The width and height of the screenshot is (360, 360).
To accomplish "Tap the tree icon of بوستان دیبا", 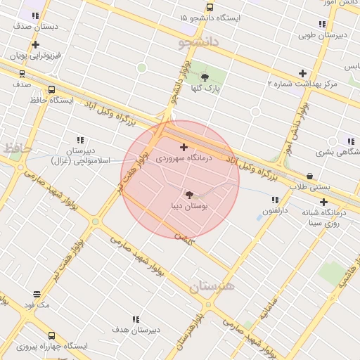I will (189, 194).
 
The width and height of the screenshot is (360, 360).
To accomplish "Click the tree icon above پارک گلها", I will (205, 77).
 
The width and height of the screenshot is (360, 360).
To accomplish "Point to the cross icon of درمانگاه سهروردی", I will (184, 148).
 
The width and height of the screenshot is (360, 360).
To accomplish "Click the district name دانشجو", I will (199, 42).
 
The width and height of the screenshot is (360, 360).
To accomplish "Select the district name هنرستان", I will (213, 287).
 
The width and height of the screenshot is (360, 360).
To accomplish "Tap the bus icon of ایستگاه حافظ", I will (51, 89).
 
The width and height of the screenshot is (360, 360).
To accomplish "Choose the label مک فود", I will (37, 305).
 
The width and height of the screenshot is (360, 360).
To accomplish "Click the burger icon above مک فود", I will (37, 294).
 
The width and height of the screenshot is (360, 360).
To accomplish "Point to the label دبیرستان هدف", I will (136, 329).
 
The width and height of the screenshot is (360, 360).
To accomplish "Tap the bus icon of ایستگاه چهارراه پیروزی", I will (51, 335).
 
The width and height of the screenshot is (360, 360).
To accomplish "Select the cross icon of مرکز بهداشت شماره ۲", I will (303, 73).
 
